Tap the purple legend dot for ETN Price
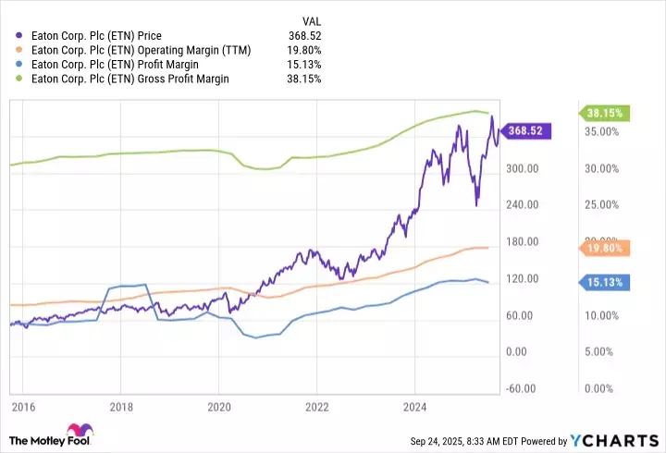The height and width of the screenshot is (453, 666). pyautogui.click(x=20, y=35)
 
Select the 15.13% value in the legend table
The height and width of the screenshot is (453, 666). pyautogui.click(x=306, y=65)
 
